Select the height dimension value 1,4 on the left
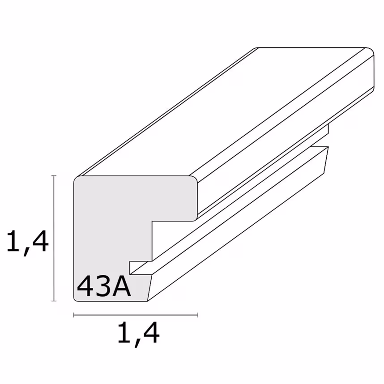click(27, 242)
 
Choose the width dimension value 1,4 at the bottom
click(138, 333)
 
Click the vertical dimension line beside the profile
click(55, 237)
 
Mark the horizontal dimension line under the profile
click(134, 315)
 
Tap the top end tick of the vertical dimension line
click(55, 176)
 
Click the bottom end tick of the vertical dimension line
click(55, 301)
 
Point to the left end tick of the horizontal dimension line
click(74, 315)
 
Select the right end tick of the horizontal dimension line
click(197, 315)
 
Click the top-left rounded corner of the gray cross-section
click(77, 179)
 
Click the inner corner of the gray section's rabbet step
click(152, 221)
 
